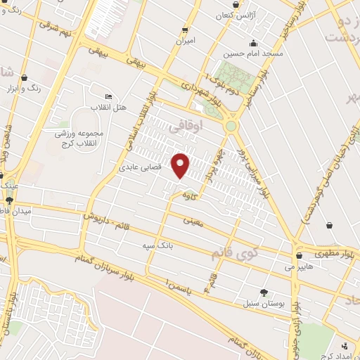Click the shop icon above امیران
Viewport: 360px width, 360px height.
point(186,30)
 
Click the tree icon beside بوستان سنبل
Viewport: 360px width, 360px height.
point(264,292)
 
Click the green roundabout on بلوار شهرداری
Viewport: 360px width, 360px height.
point(231,126)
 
